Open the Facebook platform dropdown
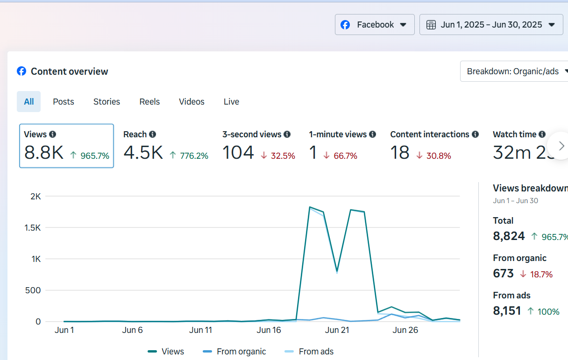[375, 25]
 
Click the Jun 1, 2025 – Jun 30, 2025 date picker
[491, 25]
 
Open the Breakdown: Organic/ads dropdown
[514, 71]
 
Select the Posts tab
[64, 102]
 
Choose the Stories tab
[106, 102]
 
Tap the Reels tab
[149, 102]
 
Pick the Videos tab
[192, 102]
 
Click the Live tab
[231, 102]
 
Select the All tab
[29, 102]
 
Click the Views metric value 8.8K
[43, 153]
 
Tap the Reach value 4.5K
[143, 153]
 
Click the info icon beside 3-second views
[287, 134]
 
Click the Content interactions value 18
[400, 153]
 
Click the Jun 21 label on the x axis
[337, 330]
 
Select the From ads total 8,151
[507, 311]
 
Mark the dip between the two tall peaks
[337, 271]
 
